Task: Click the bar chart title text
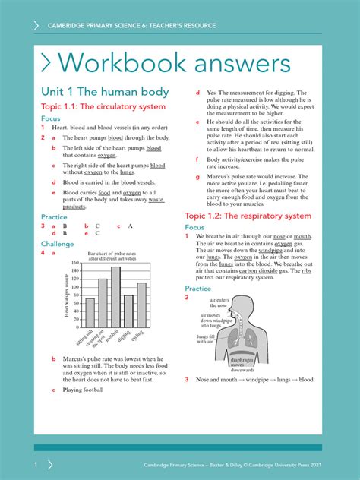112,256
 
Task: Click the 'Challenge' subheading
58,244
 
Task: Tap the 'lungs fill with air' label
207,339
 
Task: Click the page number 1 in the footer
35,463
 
